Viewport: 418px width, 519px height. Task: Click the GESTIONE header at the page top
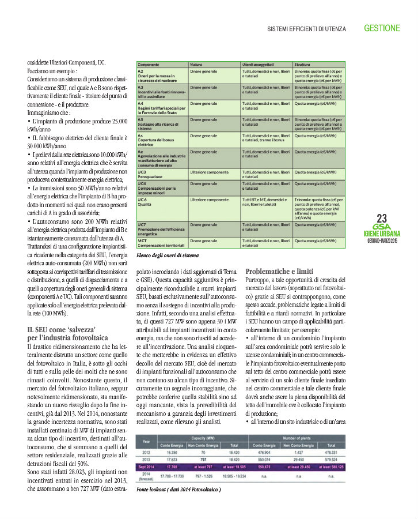point(382,28)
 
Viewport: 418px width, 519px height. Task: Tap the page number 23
point(381,218)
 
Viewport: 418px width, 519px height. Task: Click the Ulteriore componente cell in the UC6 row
point(210,200)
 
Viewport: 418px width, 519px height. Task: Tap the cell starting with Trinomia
point(319,208)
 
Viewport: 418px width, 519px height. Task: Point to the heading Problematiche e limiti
point(279,270)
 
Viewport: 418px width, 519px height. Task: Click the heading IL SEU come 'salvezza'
point(63,331)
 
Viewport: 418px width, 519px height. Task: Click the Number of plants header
point(297,438)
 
